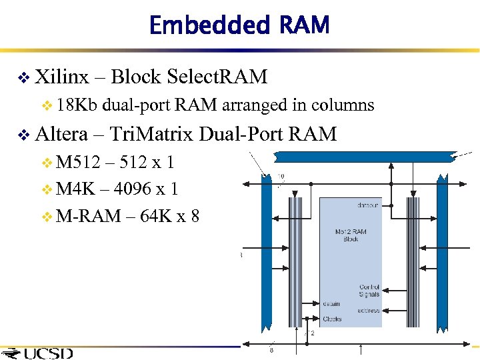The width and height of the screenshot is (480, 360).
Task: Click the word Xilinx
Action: tap(61, 77)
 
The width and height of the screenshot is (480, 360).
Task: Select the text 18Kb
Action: tap(78, 105)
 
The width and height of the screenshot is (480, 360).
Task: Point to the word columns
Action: tap(343, 105)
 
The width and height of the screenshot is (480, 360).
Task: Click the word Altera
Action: tap(61, 135)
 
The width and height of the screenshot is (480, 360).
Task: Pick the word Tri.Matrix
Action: tap(151, 135)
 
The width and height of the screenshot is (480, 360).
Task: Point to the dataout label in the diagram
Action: tap(365, 205)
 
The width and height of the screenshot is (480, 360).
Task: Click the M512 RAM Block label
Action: tap(351, 235)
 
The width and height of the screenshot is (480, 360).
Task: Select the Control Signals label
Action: tap(368, 291)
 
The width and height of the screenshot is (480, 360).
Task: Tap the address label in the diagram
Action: tap(369, 311)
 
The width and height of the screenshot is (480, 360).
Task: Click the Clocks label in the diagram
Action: tap(332, 319)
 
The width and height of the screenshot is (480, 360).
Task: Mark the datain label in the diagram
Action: tap(331, 304)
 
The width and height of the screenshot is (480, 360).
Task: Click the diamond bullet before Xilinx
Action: tap(23, 79)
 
